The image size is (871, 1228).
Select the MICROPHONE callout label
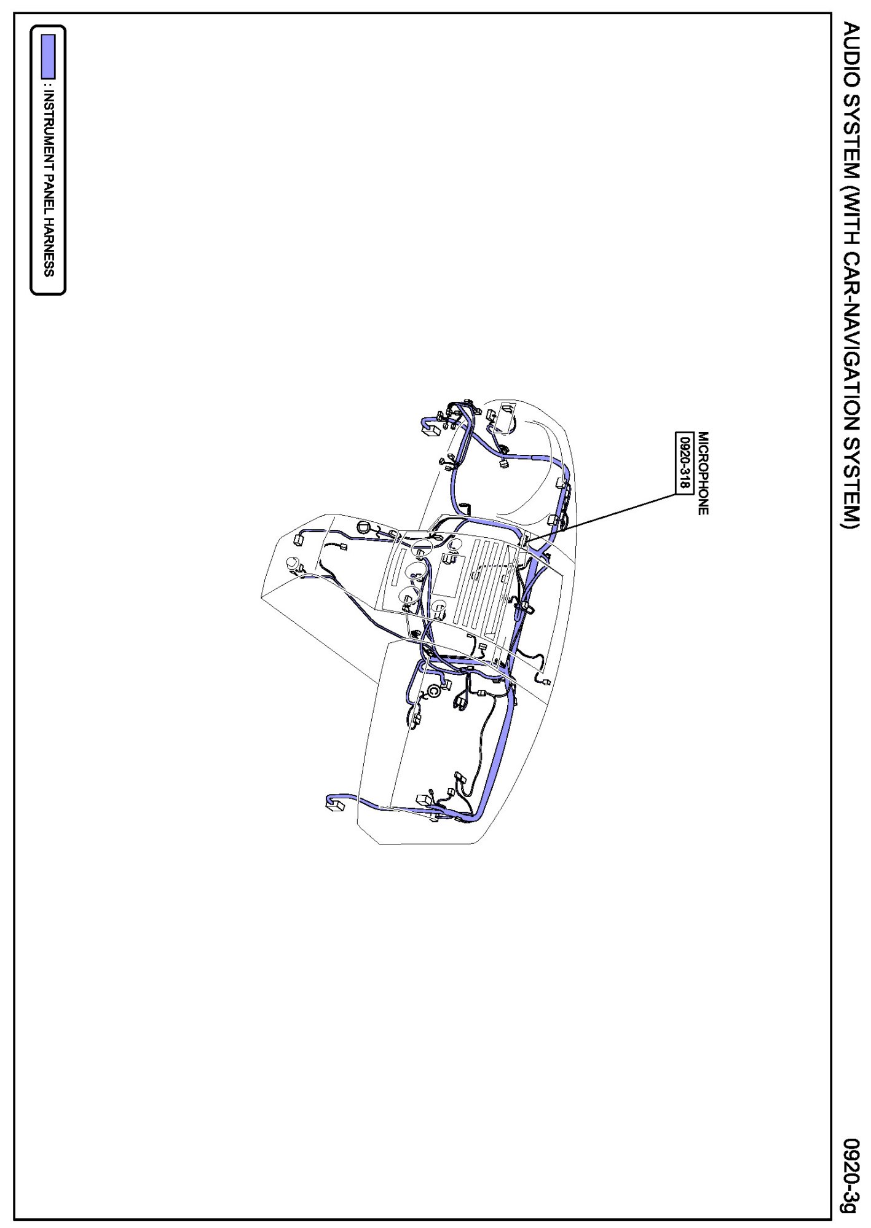pyautogui.click(x=703, y=473)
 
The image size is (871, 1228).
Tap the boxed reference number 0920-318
pyautogui.click(x=684, y=462)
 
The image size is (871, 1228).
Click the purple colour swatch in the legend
pyautogui.click(x=48, y=57)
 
